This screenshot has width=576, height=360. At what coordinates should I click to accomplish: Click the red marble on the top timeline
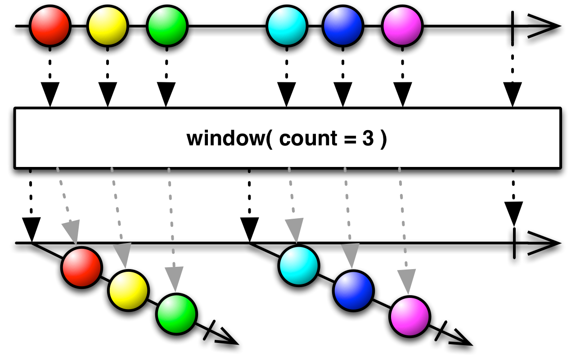[x=50, y=26]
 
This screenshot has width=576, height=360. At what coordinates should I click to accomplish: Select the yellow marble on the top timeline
[x=108, y=26]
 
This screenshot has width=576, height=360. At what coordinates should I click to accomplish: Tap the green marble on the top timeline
[x=167, y=26]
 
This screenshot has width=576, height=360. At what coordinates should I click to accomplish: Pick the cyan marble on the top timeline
[x=287, y=26]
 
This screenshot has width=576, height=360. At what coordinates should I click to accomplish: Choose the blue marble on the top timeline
[x=343, y=26]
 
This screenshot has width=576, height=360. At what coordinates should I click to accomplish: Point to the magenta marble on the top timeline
[x=402, y=26]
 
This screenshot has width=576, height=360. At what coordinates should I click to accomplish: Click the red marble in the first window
[x=81, y=267]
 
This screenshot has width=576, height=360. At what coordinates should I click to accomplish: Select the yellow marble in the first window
[x=128, y=290]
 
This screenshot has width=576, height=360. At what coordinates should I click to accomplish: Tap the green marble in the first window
[x=176, y=314]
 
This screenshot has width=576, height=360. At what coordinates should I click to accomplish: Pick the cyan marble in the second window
[x=299, y=265]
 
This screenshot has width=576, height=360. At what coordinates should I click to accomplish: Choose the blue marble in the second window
[x=353, y=291]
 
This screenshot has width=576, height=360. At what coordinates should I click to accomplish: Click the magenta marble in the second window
[x=409, y=316]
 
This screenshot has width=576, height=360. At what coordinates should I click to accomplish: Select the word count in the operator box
[x=308, y=139]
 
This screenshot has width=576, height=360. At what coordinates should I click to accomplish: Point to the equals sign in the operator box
[x=350, y=139]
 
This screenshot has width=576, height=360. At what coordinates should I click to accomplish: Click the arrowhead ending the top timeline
[x=544, y=26]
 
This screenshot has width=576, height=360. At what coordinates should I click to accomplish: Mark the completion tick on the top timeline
[x=513, y=28]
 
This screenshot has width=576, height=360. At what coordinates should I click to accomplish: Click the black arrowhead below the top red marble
[x=50, y=94]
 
